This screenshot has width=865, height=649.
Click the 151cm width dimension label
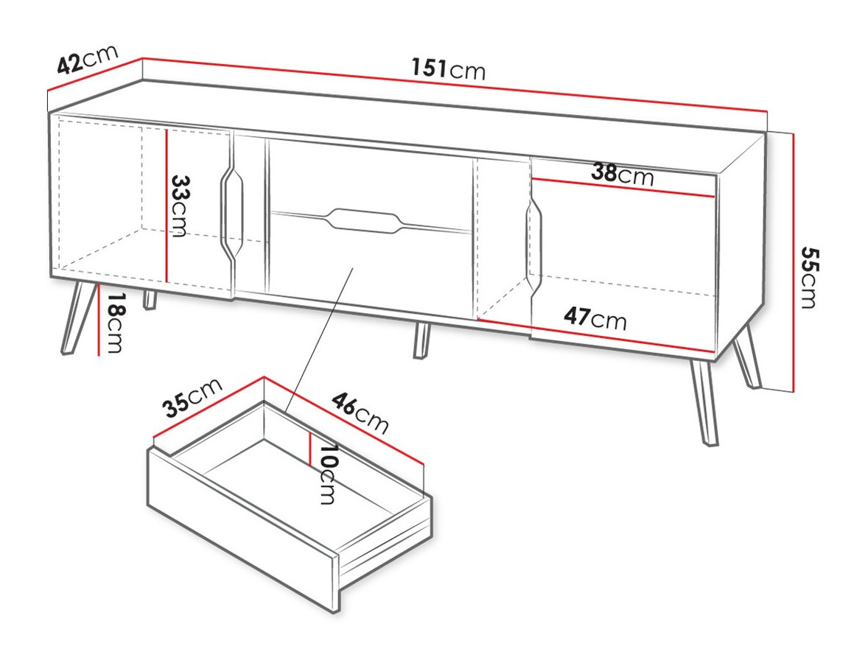448,69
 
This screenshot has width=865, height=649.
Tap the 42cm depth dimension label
87,60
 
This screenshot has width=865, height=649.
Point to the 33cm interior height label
179,206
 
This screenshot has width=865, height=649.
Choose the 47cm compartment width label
595,318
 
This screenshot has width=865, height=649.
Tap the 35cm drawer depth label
192,398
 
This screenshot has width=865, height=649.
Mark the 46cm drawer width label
360,413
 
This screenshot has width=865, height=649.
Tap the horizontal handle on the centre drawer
365,220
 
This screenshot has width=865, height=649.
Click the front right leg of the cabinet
703,401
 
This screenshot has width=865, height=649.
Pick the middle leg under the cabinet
421,341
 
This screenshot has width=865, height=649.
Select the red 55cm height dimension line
793,262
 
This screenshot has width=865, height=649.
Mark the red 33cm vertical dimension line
168,206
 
